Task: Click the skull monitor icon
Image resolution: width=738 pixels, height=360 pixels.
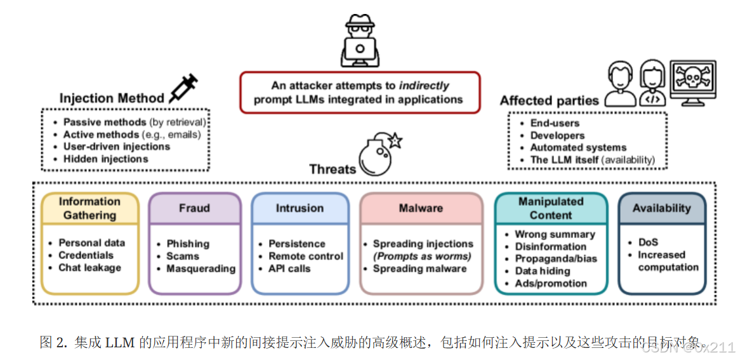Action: [x=693, y=83]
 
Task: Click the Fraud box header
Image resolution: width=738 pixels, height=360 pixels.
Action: [x=194, y=208]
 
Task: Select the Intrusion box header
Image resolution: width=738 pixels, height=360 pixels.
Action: [x=300, y=208]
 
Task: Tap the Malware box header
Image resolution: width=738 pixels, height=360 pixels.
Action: [x=421, y=208]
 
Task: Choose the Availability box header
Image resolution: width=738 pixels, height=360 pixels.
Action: [x=661, y=208]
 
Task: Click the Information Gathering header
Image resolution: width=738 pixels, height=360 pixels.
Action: [x=89, y=208]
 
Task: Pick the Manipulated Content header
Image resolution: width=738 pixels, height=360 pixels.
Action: [x=550, y=208]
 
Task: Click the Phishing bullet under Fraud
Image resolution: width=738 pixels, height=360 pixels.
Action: [x=188, y=244]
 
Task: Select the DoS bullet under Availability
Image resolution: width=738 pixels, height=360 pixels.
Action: [x=648, y=243]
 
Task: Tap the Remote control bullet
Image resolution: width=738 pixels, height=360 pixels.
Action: [x=305, y=256]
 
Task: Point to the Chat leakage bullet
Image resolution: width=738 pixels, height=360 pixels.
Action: [x=89, y=267]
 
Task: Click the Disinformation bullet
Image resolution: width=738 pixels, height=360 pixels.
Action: [x=550, y=246]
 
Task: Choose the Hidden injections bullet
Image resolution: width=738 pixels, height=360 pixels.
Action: [x=105, y=159]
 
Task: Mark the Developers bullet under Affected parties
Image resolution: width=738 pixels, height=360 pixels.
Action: [x=557, y=135]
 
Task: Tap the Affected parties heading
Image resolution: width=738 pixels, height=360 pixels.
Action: [x=549, y=100]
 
